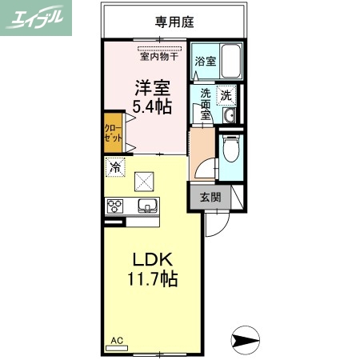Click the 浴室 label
click(203, 61)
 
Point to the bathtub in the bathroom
click(231, 61)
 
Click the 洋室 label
click(148, 86)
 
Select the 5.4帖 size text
click(148, 106)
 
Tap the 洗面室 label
click(206, 103)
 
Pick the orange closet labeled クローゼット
click(112, 133)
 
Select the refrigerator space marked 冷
click(115, 168)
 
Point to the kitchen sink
click(147, 207)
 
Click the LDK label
click(148, 260)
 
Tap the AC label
click(116, 340)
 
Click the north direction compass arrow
click(246, 341)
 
